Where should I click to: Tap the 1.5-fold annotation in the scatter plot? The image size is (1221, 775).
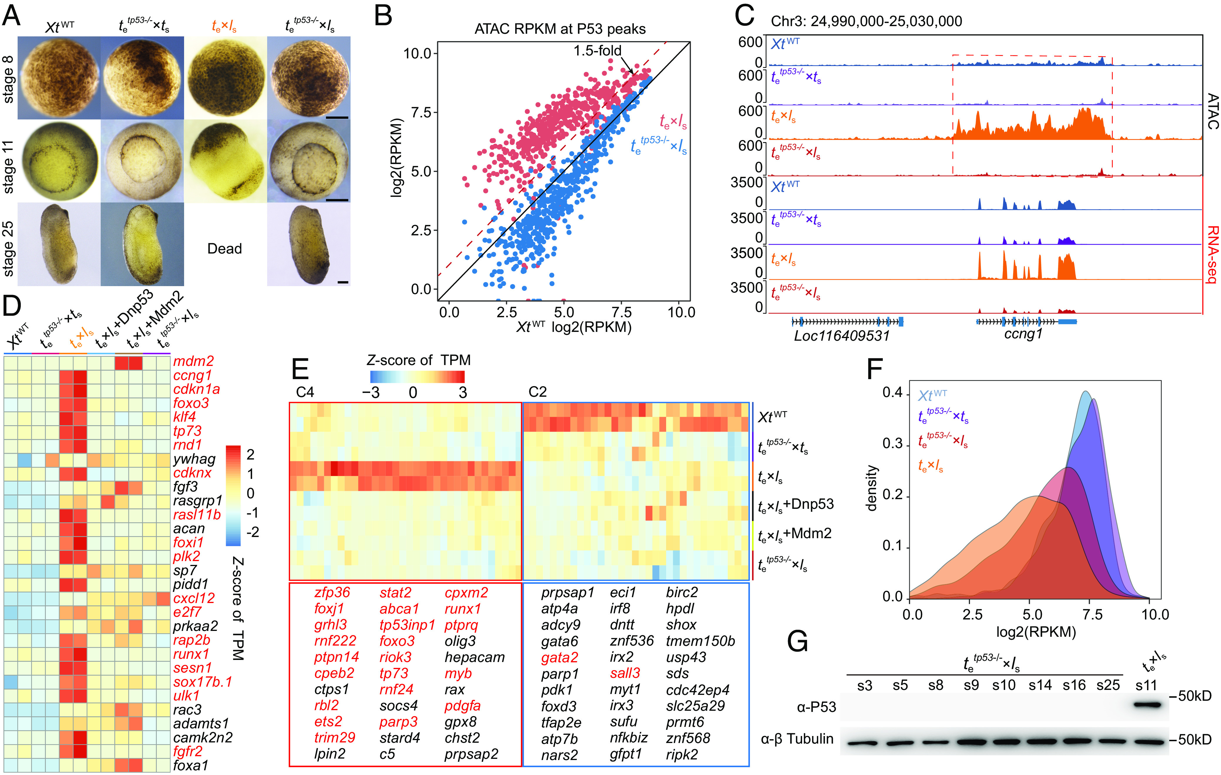(597, 51)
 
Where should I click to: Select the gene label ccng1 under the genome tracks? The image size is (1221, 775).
(1023, 334)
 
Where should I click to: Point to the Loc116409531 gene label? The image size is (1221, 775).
(842, 335)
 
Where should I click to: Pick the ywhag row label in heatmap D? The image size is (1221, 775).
(194, 459)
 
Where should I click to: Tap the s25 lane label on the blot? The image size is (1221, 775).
(1108, 685)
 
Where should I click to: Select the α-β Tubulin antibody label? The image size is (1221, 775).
(797, 739)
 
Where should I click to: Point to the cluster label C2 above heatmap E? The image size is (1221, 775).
(538, 392)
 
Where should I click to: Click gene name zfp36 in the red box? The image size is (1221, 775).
(332, 592)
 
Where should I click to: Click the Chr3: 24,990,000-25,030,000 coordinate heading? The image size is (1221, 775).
(866, 21)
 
